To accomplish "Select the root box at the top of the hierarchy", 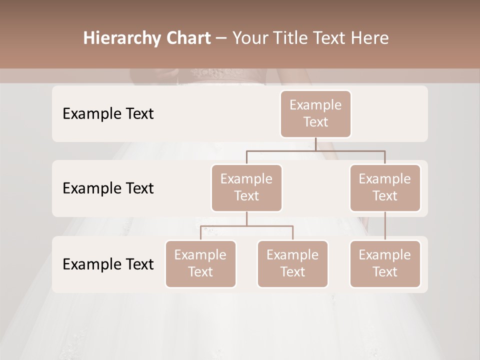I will coord(315,113).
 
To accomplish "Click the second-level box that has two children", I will coord(246,187).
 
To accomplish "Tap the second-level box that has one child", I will coord(385,187).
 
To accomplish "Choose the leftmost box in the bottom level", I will coord(200,263).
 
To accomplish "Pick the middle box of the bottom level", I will coord(292,263).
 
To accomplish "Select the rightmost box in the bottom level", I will coord(385,263).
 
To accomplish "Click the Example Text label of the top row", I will coord(108,113).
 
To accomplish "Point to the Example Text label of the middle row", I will coord(108,188).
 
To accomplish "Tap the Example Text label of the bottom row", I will coord(108,264).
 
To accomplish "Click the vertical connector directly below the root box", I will coord(315,144).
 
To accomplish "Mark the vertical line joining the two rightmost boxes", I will coord(385,226).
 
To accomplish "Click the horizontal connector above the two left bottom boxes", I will coord(246,226).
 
